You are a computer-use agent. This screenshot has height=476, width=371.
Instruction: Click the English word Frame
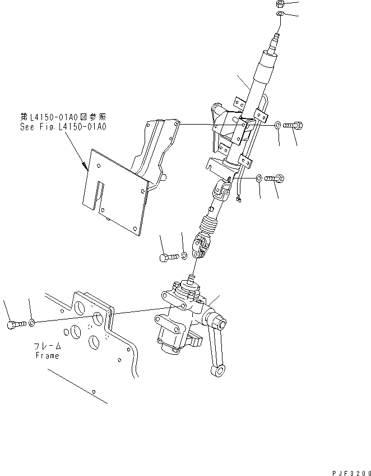pos(47,355)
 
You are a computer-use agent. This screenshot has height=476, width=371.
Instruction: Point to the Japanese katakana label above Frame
pos(47,347)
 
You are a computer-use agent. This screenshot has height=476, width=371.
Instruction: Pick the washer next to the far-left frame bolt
pos(33,323)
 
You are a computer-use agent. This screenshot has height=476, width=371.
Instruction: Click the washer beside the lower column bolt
pos(258,178)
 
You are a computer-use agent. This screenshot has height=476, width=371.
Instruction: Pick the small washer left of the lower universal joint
pos(184,256)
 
